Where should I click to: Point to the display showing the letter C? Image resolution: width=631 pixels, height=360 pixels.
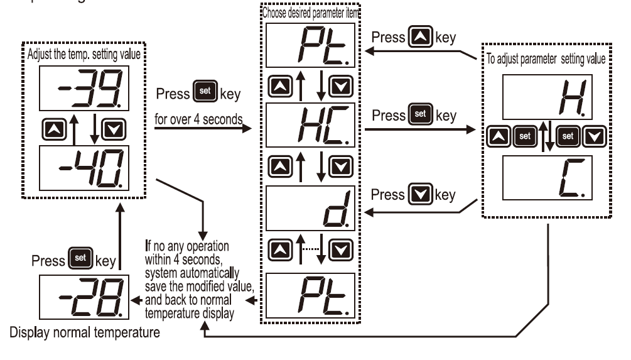(x=546, y=178)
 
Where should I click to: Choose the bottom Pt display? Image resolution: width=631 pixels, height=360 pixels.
(x=309, y=294)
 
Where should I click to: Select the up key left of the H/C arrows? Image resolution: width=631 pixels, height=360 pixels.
(x=499, y=135)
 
